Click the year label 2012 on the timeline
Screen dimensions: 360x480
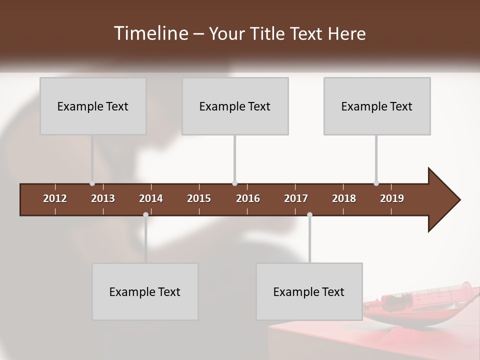[55, 198]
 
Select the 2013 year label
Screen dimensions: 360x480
[103, 198]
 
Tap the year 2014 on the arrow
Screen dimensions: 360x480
[151, 198]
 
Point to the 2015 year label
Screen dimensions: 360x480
[199, 198]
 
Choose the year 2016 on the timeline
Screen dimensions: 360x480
[248, 198]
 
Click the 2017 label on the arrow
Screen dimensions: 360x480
[296, 198]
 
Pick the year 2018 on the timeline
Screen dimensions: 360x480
[344, 198]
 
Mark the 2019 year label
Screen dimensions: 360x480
[392, 198]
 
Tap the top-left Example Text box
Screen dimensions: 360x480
[93, 106]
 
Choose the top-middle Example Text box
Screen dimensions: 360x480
[235, 106]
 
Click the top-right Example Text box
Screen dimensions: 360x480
[377, 106]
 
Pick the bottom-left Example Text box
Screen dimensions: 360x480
[145, 291]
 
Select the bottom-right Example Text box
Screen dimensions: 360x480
[309, 291]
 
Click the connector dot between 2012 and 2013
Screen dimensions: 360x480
[92, 183]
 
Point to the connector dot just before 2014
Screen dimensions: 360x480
[145, 214]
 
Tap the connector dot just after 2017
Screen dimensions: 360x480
[309, 214]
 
